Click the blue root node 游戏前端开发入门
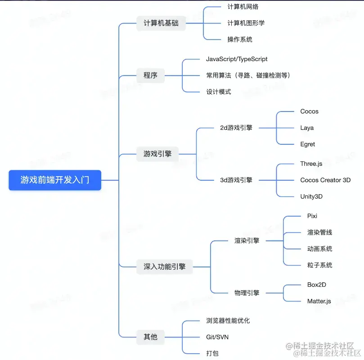coord(55,180)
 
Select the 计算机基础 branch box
coord(161,23)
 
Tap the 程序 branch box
coord(150,75)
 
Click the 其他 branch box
coord(150,337)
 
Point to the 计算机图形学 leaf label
coord(246,23)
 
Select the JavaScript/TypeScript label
coord(237,59)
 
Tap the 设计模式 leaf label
coord(219,92)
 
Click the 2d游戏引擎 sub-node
coord(236,128)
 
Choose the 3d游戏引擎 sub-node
coord(236,180)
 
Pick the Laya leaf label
coord(307,128)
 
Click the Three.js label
coord(311,164)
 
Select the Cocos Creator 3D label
coord(325,180)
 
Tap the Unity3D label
coord(311,196)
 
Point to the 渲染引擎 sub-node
coord(247,240)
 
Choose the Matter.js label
coord(319,301)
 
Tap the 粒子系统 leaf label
coord(317,265)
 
